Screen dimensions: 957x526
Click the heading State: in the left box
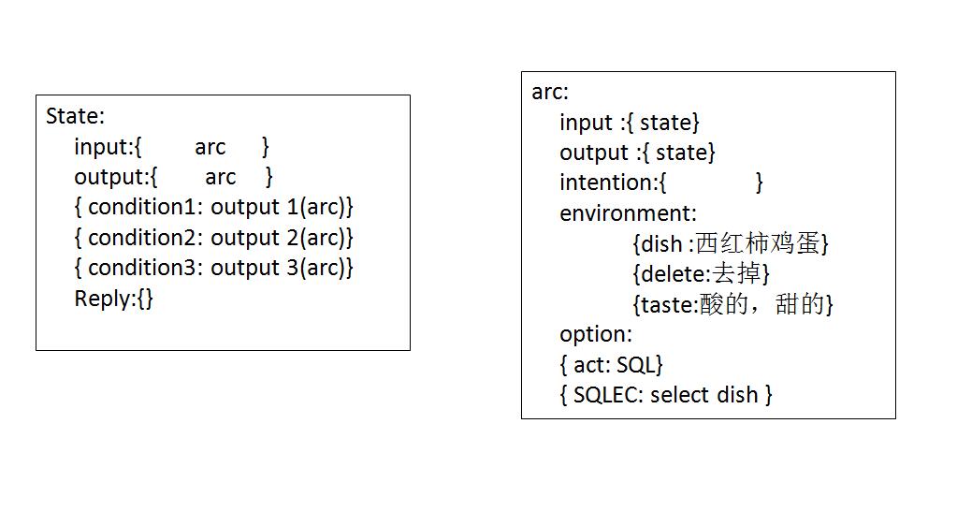75,116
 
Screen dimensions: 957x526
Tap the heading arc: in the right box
550,93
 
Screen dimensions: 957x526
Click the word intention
606,183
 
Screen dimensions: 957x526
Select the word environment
625,213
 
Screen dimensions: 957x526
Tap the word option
593,335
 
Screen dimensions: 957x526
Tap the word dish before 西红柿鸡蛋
661,243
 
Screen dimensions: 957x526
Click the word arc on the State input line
210,148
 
